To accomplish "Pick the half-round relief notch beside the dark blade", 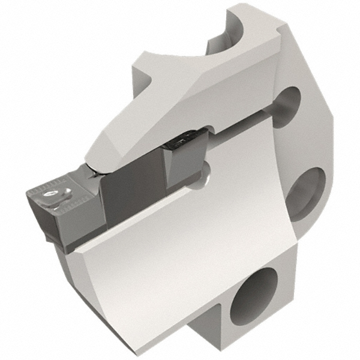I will (x=206, y=170).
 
